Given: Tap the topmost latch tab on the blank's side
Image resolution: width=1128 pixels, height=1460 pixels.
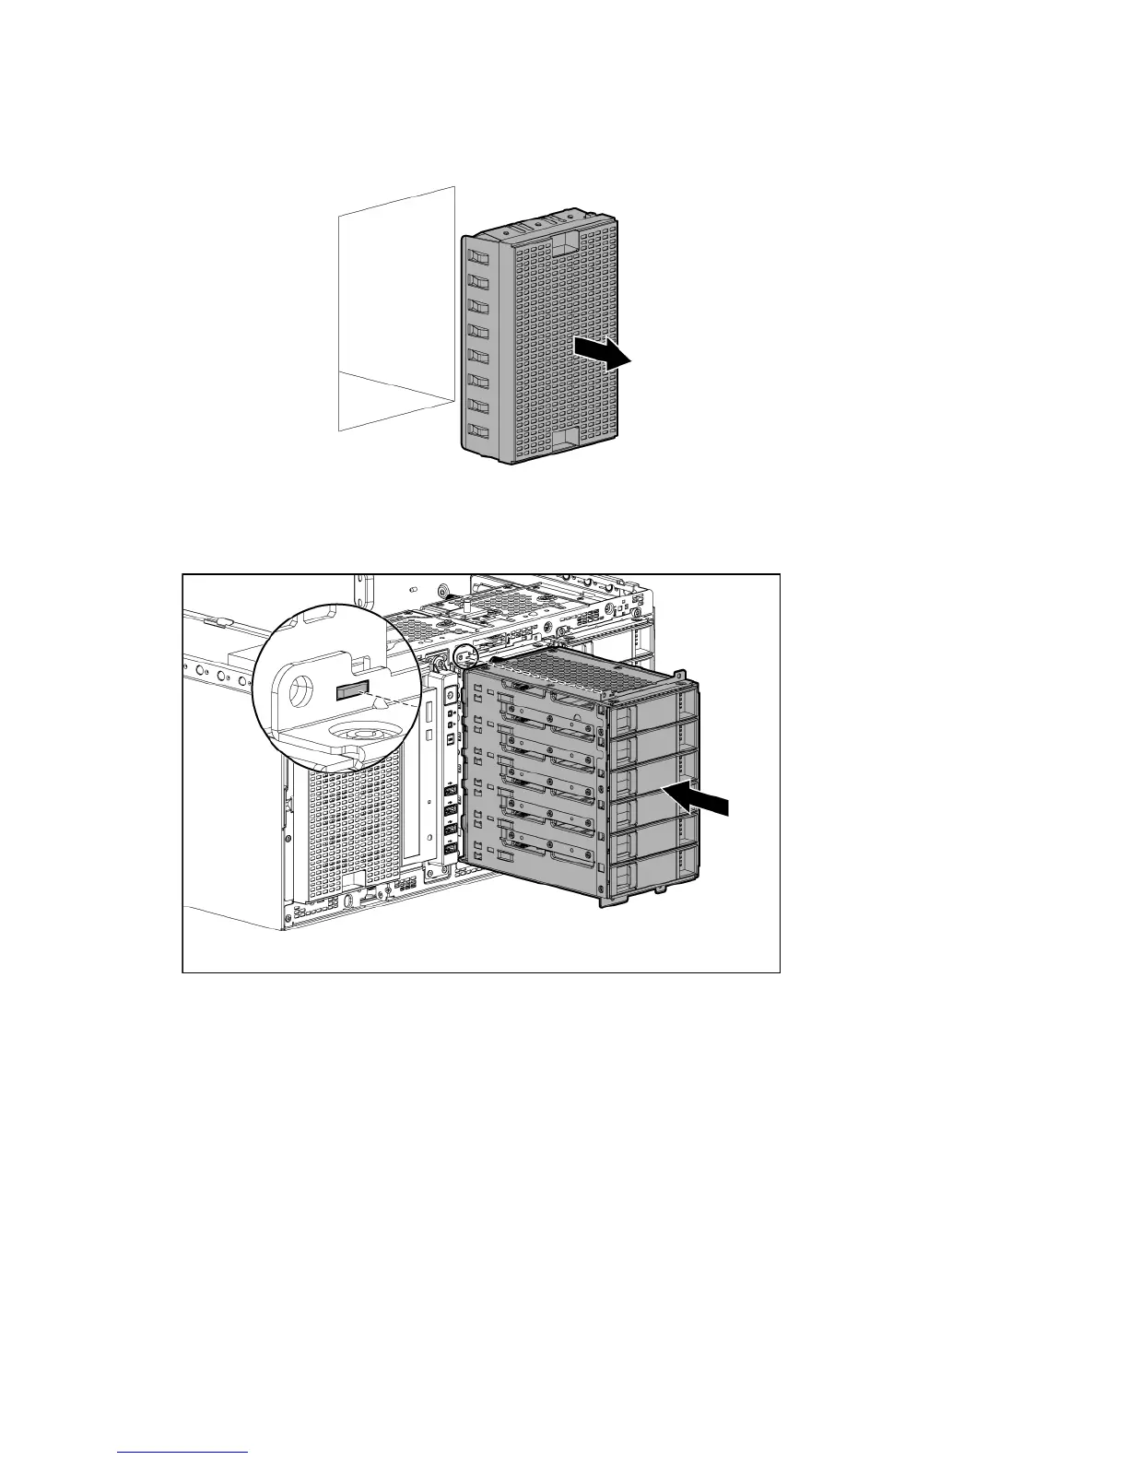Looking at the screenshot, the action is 476,254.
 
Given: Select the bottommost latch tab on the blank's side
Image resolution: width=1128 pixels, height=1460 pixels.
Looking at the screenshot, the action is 477,430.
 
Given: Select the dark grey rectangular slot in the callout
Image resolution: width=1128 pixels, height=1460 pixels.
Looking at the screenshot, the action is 352,691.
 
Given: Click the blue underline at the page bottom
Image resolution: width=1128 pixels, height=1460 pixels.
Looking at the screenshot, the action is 182,1452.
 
